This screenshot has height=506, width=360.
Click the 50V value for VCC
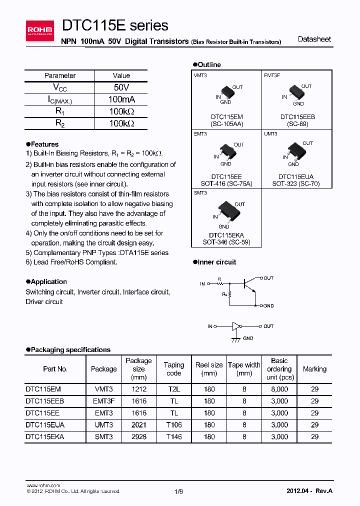[x=121, y=87]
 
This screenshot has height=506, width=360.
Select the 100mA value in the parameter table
[x=121, y=99]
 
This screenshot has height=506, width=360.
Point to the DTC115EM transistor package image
[x=226, y=92]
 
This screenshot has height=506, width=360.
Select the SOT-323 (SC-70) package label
[x=295, y=183]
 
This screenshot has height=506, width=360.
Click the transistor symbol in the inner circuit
[x=248, y=284]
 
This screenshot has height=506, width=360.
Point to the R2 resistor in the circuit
[x=230, y=295]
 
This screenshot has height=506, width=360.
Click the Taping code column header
[x=173, y=369]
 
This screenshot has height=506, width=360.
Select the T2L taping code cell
[x=173, y=388]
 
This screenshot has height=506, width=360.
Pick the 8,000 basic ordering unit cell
[x=279, y=388]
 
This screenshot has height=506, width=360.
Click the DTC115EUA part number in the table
[x=45, y=424]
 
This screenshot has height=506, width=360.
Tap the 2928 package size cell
[x=138, y=436]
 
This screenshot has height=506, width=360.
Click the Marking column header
[x=314, y=369]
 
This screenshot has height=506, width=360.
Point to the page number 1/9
[x=179, y=491]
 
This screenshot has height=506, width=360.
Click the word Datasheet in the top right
[x=314, y=39]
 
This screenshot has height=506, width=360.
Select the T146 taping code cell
[x=173, y=436]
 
